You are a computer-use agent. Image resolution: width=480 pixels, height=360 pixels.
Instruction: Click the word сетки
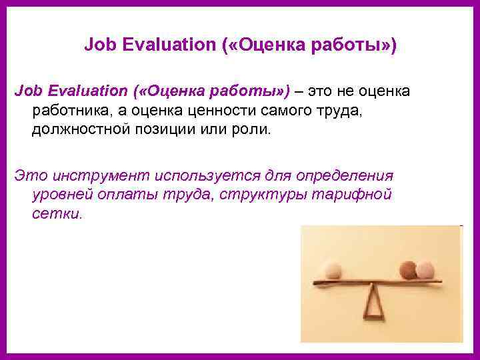pos(57,215)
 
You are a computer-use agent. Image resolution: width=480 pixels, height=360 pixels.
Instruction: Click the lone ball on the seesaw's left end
pos(331,270)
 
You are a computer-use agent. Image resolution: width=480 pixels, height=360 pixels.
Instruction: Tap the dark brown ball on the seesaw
pos(407,269)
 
